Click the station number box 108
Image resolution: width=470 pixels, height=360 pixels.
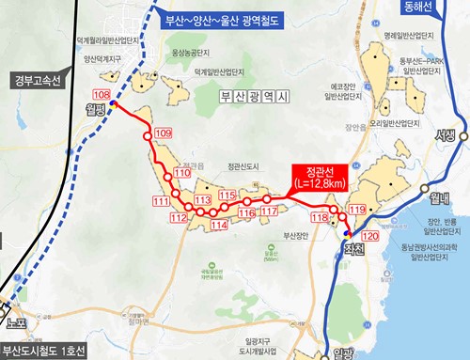[102, 97]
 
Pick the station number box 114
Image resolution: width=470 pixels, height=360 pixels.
[219, 226]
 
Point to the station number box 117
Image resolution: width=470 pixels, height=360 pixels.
[268, 211]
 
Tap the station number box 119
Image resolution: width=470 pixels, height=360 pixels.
[356, 209]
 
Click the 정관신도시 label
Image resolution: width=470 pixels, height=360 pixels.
[245, 169]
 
